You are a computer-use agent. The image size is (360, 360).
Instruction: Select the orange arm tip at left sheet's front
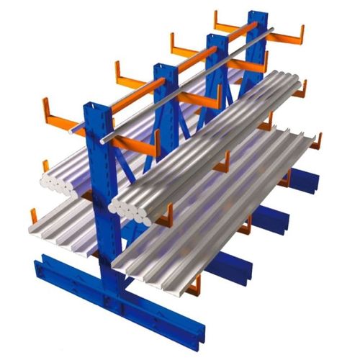(x=33, y=216)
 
